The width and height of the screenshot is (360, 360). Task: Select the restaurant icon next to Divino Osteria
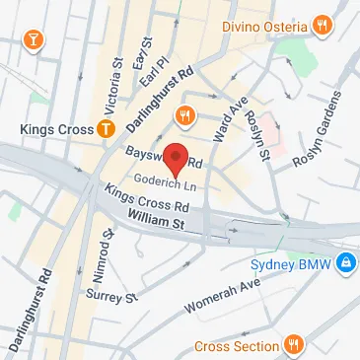pyautogui.click(x=322, y=25)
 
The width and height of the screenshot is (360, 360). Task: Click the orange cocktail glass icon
pyautogui.click(x=34, y=40)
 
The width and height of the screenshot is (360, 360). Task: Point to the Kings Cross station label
pyautogui.click(x=55, y=128)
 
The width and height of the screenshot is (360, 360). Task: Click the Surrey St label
pyautogui.click(x=110, y=295)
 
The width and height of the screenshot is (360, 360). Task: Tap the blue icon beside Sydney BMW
pyautogui.click(x=346, y=263)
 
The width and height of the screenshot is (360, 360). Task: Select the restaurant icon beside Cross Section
pyautogui.click(x=293, y=344)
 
